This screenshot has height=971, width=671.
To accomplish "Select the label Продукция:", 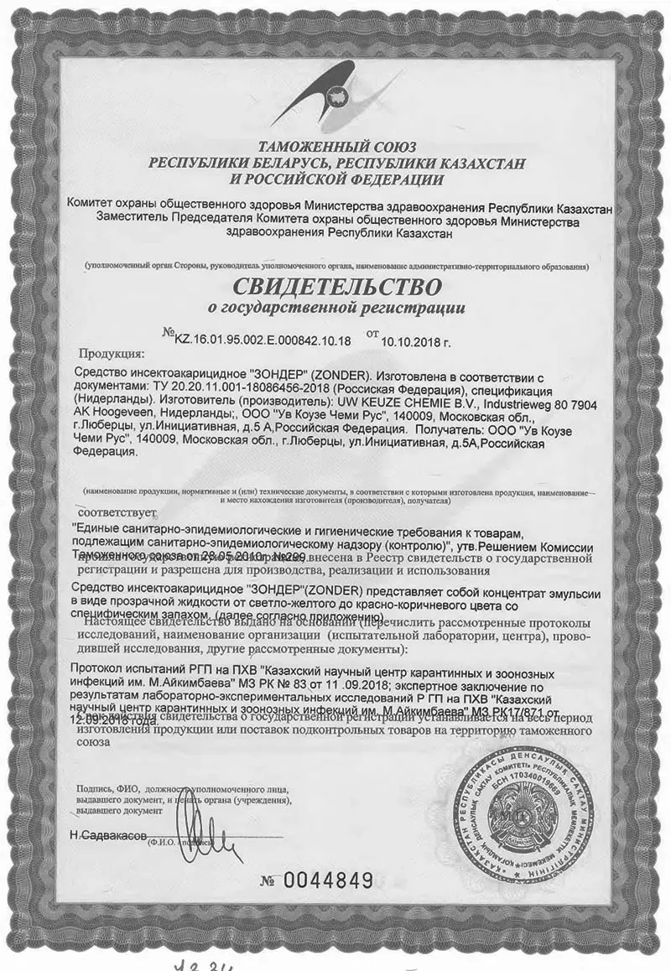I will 112,353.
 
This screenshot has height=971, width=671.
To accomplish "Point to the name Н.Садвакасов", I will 108,836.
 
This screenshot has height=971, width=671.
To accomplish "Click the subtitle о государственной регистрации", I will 335,308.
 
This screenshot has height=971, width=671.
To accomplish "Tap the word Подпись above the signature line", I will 94,789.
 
